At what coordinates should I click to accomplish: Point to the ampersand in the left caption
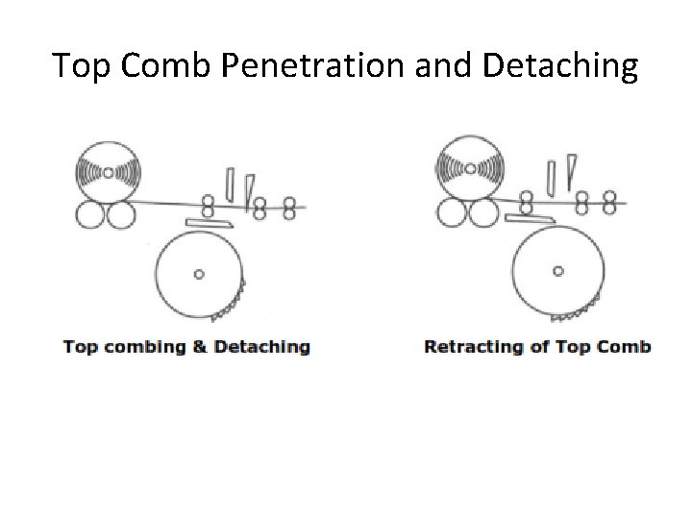point(200,347)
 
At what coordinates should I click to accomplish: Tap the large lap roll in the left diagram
point(108,172)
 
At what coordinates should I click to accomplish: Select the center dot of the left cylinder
point(199,274)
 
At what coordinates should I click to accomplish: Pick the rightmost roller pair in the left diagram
point(287,205)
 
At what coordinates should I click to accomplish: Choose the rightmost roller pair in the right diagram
point(608,202)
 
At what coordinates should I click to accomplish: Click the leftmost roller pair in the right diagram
point(527,202)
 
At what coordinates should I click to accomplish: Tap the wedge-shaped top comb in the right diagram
point(571,171)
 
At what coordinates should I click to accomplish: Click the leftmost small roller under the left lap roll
point(89,214)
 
